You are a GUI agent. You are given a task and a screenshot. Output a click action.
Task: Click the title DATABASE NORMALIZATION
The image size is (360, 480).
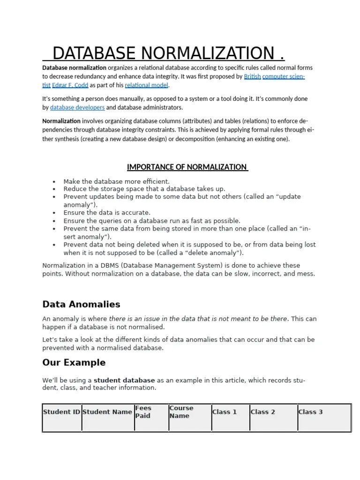(x=164, y=53)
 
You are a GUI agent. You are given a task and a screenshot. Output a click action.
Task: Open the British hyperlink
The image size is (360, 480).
(x=252, y=76)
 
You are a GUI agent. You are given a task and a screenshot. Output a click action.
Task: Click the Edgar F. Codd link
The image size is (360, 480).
(x=70, y=85)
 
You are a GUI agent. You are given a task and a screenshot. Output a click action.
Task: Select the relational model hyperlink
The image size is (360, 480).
(x=146, y=85)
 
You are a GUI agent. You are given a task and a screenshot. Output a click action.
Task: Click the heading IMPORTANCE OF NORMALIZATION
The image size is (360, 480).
(x=187, y=167)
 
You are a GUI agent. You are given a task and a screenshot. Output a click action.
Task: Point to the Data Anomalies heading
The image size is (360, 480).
(x=81, y=304)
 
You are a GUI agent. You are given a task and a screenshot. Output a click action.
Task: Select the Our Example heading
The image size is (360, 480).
(x=74, y=362)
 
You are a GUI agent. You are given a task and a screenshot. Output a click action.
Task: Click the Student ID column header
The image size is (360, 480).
(x=62, y=412)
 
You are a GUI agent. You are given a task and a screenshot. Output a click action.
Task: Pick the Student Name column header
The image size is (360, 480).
(x=107, y=412)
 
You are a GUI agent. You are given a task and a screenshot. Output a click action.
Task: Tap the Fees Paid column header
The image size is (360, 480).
(x=143, y=412)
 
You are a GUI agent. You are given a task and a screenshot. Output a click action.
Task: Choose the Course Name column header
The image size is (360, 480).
(x=181, y=412)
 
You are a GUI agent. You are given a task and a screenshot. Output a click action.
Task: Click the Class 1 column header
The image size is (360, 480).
(x=225, y=412)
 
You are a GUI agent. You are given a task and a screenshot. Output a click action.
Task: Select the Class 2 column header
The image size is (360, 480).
(x=263, y=412)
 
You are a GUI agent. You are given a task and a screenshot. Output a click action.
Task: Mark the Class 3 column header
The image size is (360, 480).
(x=310, y=412)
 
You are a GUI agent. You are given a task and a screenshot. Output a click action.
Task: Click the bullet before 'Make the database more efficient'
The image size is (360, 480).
(x=54, y=182)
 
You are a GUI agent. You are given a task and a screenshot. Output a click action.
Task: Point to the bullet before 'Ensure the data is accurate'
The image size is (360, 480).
(x=54, y=213)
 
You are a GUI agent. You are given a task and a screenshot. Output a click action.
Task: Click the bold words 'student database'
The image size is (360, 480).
(x=124, y=380)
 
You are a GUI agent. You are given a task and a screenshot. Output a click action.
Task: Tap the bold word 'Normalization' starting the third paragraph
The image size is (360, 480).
(x=61, y=121)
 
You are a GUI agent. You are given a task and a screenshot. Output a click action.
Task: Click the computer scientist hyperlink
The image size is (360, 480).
(x=283, y=76)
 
